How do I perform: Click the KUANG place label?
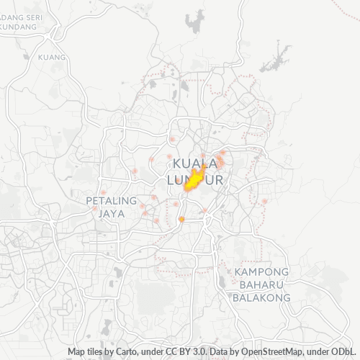53,57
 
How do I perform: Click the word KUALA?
196,163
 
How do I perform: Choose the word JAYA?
112,214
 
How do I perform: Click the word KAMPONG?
262,271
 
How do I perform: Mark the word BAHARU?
262,284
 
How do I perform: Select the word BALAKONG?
262,297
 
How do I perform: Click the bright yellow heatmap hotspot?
193,181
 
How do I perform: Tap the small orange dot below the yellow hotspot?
181,219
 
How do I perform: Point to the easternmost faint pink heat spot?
264,201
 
